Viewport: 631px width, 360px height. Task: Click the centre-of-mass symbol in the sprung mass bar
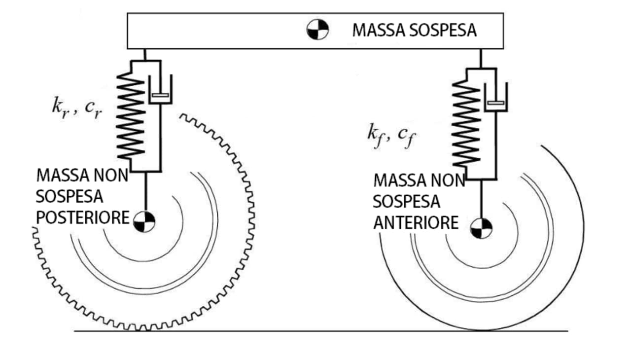click(317, 30)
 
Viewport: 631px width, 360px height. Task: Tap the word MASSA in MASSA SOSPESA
click(376, 30)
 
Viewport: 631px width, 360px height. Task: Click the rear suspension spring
click(130, 116)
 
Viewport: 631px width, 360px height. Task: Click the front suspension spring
click(466, 124)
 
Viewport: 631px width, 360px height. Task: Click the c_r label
click(93, 108)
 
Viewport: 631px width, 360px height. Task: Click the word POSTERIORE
click(82, 217)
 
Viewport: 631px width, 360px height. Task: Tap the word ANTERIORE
click(416, 222)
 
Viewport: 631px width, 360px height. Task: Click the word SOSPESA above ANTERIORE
click(406, 202)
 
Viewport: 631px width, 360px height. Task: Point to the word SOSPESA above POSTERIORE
click(70, 196)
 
